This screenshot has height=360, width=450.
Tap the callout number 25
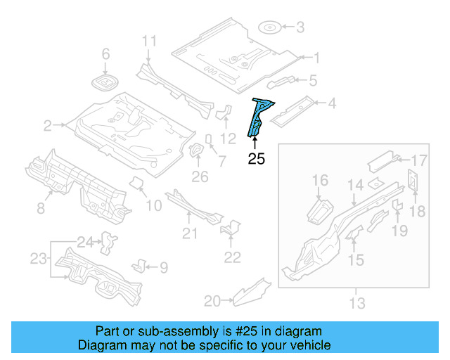point(257,160)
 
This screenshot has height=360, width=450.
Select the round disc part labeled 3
point(270,28)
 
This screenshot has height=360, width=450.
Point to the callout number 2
point(48,126)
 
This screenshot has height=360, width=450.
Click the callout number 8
point(40,207)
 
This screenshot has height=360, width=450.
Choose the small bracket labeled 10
point(138,184)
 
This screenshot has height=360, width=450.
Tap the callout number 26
point(200,176)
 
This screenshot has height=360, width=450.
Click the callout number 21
point(189,233)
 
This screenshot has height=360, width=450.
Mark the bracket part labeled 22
point(229,230)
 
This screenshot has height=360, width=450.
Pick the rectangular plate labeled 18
point(413,181)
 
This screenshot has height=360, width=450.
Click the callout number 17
point(419,160)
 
